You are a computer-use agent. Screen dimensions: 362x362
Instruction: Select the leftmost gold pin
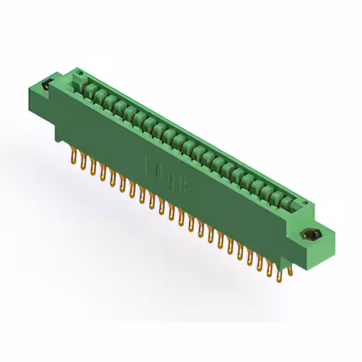pos(73,153)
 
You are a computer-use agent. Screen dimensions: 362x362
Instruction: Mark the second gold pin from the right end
pos(279,275)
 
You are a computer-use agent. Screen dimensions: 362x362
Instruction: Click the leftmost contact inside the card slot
pos(88,88)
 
